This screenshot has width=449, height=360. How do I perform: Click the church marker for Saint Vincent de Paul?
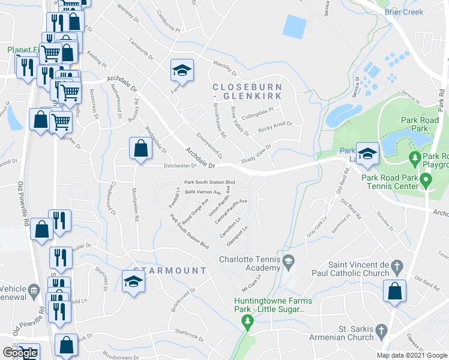coord(396,265)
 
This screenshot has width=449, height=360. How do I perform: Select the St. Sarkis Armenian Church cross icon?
coord(381,331)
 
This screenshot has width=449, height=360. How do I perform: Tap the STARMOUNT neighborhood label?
coord(169,271)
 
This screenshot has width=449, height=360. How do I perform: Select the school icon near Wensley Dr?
coord(182,71)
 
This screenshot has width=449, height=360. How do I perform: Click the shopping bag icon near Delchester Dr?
coord(140,149)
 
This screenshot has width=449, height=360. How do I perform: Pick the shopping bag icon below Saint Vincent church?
coord(395,292)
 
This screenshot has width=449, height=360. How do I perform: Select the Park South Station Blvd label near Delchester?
coord(209,182)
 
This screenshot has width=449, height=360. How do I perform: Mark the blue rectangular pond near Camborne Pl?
coord(294,26)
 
